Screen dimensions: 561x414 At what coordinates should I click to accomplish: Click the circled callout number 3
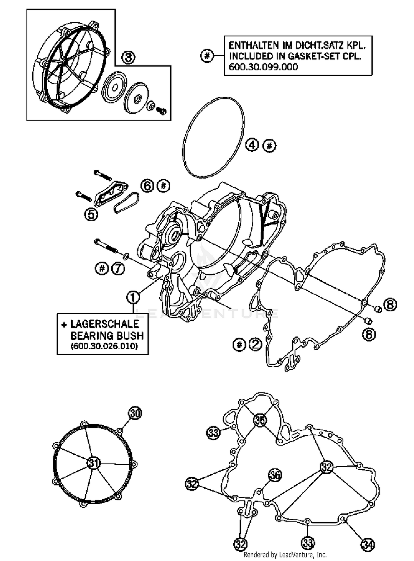pos(128,58)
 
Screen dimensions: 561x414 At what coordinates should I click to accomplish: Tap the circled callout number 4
pos(252,145)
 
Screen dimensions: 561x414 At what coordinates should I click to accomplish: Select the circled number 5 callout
pos(91,214)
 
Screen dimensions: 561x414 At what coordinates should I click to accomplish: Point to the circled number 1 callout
pos(133,297)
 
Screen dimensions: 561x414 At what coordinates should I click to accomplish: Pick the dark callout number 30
pos(135,413)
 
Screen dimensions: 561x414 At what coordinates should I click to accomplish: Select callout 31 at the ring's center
pos(94,463)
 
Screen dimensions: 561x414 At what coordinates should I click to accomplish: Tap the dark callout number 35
pos(260,420)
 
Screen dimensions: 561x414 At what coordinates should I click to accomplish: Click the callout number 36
pos(275,475)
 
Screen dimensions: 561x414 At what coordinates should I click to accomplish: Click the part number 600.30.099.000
pos(263,67)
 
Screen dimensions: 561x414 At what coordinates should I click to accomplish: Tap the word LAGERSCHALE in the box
pos(105,324)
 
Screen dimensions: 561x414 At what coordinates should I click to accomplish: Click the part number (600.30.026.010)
pos(104,346)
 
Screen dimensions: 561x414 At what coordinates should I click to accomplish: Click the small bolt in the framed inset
pos(161,110)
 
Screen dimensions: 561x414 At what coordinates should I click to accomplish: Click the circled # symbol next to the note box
pos(207,56)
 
